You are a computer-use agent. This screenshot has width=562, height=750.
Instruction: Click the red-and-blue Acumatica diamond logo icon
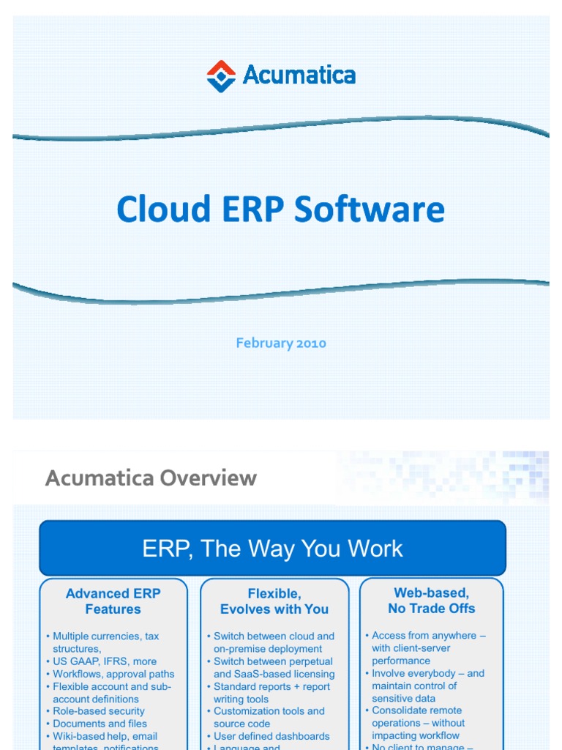point(221,76)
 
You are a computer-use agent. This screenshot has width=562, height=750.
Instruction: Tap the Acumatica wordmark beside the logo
point(299,75)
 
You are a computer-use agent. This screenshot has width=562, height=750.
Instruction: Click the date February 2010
point(281,343)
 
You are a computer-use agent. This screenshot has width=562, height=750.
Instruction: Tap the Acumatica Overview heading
point(151,478)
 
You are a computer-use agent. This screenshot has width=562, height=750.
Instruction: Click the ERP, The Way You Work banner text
point(272,549)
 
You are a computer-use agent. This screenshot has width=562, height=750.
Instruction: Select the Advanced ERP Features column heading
point(113,601)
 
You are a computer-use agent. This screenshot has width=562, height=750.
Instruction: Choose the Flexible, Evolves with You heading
point(274,601)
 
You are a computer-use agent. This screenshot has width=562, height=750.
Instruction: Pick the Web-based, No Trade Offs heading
point(431,601)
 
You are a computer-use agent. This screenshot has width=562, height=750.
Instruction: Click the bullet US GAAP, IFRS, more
point(105,661)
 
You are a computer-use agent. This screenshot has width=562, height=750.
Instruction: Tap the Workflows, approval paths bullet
point(113,674)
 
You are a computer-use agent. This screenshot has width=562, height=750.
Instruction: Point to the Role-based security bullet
point(99,711)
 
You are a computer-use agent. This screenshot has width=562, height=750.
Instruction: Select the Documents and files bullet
point(100,724)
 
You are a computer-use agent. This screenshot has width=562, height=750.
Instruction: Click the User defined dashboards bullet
point(271,736)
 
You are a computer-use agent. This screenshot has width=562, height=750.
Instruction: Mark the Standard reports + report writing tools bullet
point(271,693)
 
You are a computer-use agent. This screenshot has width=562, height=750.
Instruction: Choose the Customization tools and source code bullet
point(269,717)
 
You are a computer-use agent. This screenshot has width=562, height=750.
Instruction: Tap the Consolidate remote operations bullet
point(418,723)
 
